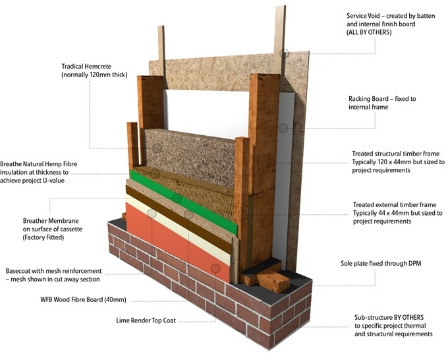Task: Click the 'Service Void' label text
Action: coord(368,15)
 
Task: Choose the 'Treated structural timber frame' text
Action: coord(395,154)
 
